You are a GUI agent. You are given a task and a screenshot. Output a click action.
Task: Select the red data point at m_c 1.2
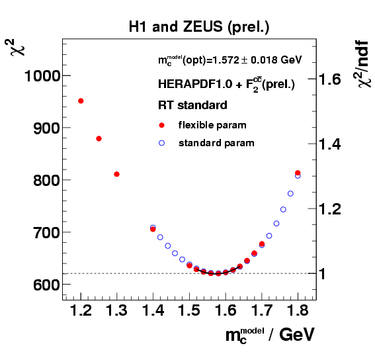tap(81, 101)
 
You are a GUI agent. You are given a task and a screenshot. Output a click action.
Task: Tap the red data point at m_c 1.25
tap(99, 138)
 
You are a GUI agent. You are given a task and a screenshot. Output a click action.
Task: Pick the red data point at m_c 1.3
tap(116, 174)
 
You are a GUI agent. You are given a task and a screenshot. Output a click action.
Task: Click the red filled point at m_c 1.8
tap(298, 173)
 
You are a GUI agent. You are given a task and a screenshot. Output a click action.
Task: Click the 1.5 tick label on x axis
tap(190, 310)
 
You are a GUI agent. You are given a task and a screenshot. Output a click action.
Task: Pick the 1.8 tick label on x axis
tap(298, 310)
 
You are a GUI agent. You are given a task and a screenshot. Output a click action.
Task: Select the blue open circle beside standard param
tap(162, 142)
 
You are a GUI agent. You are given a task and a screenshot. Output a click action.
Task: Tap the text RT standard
tap(192, 105)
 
